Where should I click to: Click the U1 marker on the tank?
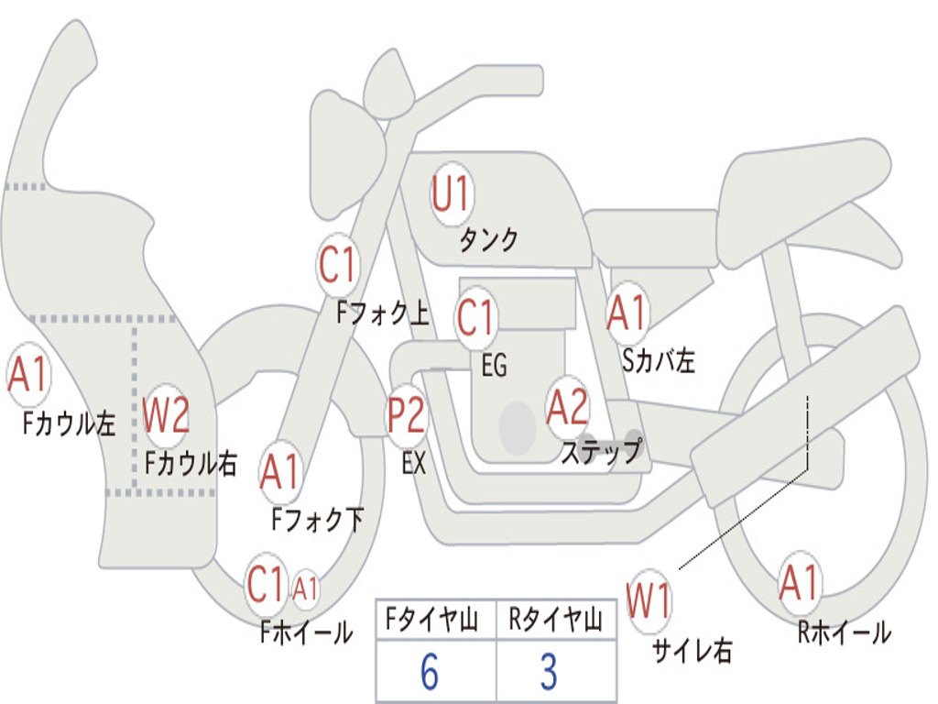click(451, 194)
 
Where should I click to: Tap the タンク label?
click(488, 240)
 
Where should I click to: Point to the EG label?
click(494, 367)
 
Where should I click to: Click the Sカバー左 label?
click(658, 361)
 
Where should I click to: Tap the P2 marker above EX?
click(406, 415)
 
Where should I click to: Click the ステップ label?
click(602, 452)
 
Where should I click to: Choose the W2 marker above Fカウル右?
click(167, 416)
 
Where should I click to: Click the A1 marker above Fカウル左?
click(27, 375)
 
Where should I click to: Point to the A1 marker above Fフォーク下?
click(279, 472)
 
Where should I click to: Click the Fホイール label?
click(306, 632)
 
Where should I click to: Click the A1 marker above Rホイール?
click(799, 584)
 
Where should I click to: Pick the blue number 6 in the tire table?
click(429, 672)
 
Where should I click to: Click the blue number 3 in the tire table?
click(548, 672)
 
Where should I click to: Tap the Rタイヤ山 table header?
click(554, 621)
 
